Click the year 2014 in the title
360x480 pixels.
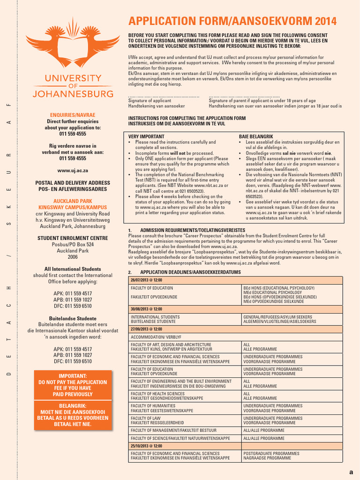click(x=326, y=21)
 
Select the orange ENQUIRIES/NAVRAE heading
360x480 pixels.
click(x=73, y=115)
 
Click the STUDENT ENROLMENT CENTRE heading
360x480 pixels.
click(x=73, y=238)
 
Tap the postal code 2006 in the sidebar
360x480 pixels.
click(x=73, y=257)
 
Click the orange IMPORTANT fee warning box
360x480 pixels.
click(x=73, y=385)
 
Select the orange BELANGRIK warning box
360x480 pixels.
click(x=73, y=415)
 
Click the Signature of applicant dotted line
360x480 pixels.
click(x=157, y=97)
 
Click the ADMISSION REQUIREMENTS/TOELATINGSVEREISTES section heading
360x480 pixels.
click(x=193, y=230)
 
